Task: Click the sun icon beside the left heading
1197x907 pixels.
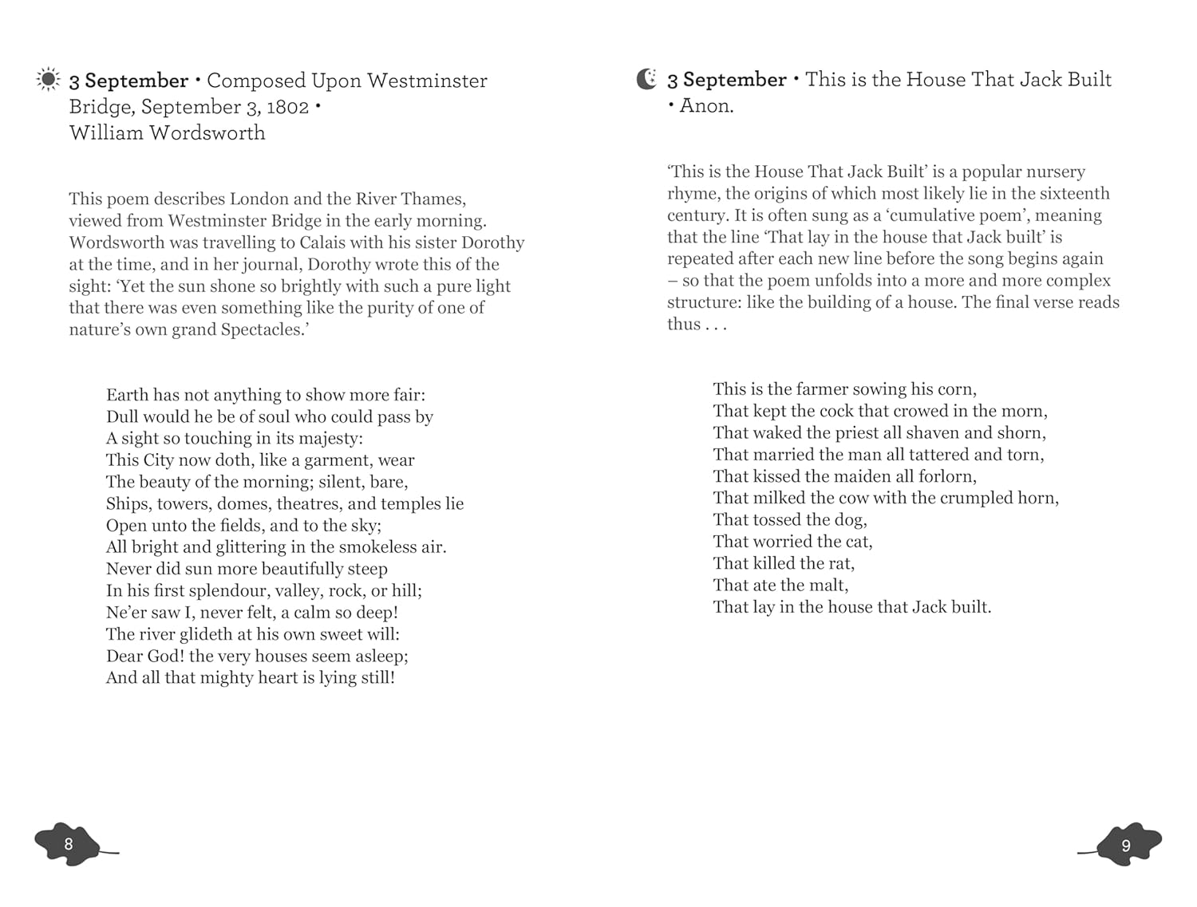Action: click(x=48, y=80)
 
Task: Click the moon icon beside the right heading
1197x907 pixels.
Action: click(x=646, y=79)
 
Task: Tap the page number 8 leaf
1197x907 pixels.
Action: click(x=69, y=844)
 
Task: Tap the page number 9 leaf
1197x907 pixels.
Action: click(x=1126, y=845)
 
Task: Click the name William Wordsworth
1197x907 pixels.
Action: click(x=167, y=132)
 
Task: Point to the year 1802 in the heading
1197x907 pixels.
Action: click(x=287, y=107)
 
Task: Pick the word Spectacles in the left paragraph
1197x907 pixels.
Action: click(x=262, y=329)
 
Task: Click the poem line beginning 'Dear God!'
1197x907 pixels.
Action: click(x=257, y=656)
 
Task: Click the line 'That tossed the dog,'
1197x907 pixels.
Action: click(x=789, y=520)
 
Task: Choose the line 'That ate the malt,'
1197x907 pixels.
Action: click(x=780, y=586)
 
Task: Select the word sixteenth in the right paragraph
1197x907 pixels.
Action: click(x=1073, y=194)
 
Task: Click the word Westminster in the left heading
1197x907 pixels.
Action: click(x=427, y=81)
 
